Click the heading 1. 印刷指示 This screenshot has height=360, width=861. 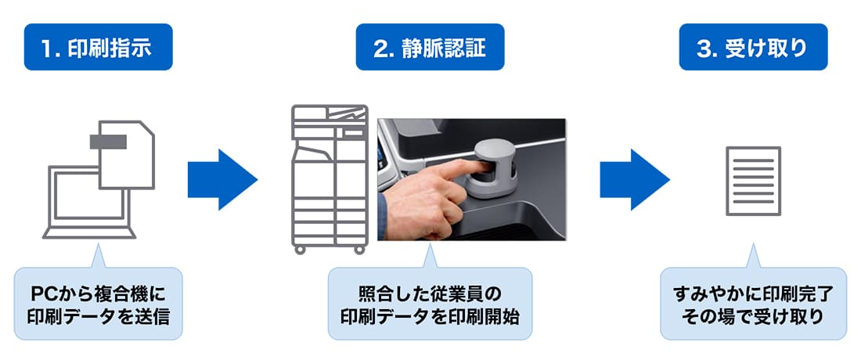tap(99, 47)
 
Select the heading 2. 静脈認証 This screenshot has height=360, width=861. tap(430, 47)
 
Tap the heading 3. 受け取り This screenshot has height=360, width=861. tap(753, 47)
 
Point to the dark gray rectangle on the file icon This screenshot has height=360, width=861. tap(109, 142)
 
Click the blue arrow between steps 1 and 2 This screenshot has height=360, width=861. tap(222, 179)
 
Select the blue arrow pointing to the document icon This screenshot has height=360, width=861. tap(634, 179)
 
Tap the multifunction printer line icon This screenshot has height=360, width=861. tap(330, 179)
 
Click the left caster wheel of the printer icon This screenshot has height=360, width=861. tap(300, 250)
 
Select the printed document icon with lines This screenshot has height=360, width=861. tap(753, 181)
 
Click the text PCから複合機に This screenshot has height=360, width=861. tap(98, 294)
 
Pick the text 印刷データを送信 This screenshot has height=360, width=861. tap(98, 317)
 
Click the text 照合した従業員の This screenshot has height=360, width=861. tap(430, 294)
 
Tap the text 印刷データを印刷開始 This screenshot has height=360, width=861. tap(430, 317)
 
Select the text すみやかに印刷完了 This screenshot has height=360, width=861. tap(753, 294)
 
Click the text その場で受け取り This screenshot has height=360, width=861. tap(753, 317)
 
